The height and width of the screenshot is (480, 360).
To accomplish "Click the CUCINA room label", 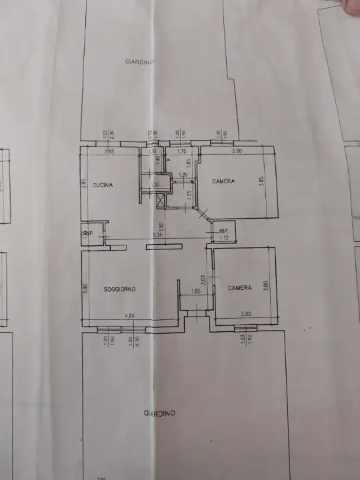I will coord(102,185).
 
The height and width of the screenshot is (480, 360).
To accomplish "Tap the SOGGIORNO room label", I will coord(120,289).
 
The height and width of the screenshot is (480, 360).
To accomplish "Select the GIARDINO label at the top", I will coord(139,62).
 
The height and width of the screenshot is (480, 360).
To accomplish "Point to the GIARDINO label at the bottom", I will coord(159,413).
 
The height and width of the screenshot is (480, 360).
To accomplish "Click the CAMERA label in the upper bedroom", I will coord(223,181).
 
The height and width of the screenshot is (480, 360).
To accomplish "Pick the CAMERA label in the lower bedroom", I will coord(239,288).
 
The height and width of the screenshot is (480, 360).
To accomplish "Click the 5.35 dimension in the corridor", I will coord(157,235).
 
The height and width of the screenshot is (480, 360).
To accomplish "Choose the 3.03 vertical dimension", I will coord(203,281).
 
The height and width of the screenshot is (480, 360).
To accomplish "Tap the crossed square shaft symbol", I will coord(161,200).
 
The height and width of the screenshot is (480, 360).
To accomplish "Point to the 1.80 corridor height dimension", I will coord(161,227).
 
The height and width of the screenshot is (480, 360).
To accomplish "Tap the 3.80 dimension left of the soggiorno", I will coord(85,290).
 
